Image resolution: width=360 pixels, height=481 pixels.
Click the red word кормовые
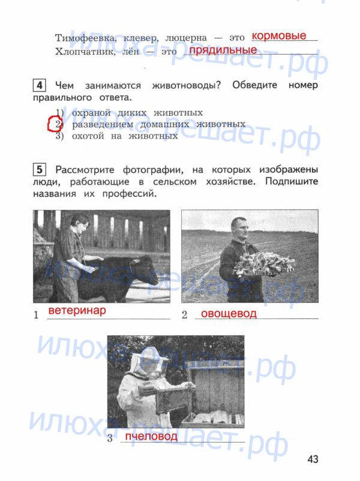point(279,36)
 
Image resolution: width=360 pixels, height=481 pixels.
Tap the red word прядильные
point(223,50)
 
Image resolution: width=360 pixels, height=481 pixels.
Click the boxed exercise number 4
point(39,85)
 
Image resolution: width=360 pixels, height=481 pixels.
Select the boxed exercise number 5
point(39,170)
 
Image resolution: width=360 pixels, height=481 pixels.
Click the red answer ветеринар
point(77,311)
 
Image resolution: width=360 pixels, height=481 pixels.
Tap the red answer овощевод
point(229,314)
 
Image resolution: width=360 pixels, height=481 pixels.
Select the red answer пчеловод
point(151,436)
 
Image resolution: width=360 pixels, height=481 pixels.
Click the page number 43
point(313,459)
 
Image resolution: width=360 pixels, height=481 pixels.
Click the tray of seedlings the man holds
point(264,263)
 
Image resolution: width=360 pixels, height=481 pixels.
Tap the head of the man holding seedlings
point(239,229)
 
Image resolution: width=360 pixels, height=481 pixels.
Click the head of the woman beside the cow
point(79,224)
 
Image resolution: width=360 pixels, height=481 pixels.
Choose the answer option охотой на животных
point(125,136)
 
